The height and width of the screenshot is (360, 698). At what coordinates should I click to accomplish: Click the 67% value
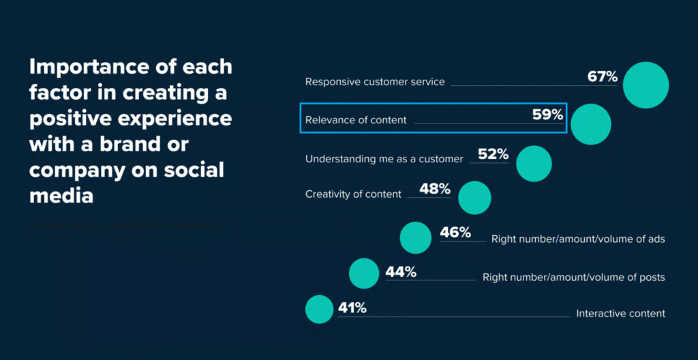[x=602, y=76]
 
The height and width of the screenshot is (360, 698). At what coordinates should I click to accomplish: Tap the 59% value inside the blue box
[x=548, y=115]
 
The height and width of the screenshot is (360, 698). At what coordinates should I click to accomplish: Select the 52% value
[x=494, y=155]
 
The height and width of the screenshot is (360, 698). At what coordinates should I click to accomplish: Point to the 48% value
[x=435, y=189]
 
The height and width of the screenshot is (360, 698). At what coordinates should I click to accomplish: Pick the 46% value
[x=455, y=232]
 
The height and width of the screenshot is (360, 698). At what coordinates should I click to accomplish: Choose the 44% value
[x=401, y=272]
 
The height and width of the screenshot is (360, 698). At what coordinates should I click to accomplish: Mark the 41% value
[x=352, y=308]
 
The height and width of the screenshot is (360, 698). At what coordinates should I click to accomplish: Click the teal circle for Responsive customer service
[x=646, y=85]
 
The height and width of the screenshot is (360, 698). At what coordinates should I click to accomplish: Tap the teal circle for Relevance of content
[x=591, y=124]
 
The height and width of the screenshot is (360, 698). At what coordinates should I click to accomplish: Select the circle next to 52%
[x=534, y=164]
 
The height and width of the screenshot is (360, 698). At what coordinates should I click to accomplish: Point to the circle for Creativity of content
[x=474, y=198]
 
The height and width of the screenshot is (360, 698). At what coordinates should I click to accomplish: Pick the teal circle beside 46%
[x=415, y=237]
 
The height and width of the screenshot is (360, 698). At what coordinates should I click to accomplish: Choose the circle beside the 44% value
[x=363, y=273]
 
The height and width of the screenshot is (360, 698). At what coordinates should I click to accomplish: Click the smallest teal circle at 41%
[x=319, y=310]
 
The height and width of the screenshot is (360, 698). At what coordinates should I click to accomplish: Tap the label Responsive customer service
[x=375, y=82]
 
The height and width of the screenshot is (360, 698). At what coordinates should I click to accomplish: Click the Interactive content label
[x=620, y=314]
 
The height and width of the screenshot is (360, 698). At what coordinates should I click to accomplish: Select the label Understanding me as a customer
[x=384, y=159]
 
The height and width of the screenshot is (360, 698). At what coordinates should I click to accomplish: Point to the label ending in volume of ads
[x=578, y=239]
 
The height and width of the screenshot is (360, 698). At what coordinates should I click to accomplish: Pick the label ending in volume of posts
[x=573, y=277]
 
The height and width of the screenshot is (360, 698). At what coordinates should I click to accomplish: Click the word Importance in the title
[x=81, y=67]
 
